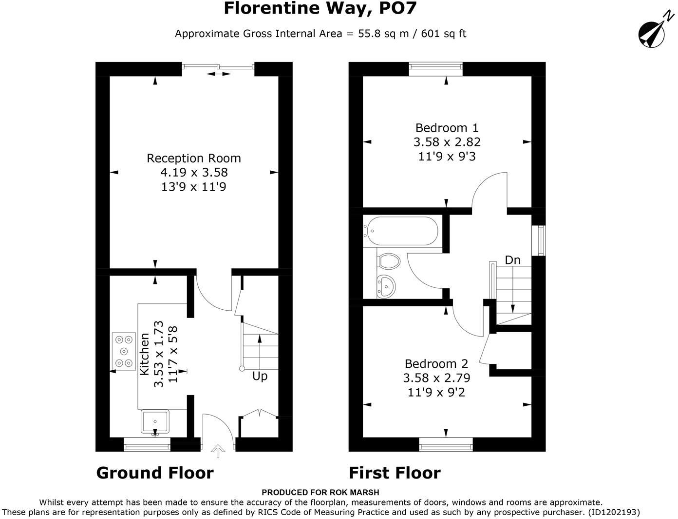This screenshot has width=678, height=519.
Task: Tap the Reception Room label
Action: coord(194,158)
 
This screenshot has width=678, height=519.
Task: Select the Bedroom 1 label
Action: coord(447,128)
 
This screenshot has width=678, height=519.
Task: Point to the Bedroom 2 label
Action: coord(436,364)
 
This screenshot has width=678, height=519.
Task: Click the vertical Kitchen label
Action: coord(145,354)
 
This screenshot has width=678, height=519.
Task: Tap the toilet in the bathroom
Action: coord(389,260)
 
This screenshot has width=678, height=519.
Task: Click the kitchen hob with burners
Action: coord(124,351)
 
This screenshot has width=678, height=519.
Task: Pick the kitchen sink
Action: coord(155,422)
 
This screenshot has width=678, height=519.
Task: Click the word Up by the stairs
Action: coord(260,376)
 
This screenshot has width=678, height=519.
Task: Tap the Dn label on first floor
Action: coord(512,260)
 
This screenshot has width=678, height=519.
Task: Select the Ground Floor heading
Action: coord(155,473)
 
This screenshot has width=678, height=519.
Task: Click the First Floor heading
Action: coord(395,473)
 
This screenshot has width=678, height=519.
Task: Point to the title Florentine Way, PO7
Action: coord(320,8)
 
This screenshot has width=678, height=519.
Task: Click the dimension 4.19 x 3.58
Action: coord(194,172)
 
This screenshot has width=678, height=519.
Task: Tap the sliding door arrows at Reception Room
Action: coord(219,74)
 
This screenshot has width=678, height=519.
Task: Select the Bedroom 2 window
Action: coord(446,443)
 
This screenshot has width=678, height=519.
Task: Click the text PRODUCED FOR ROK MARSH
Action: coord(320,493)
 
